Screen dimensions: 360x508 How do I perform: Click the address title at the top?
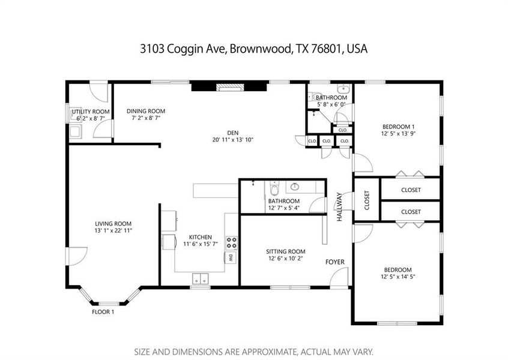[x=253, y=49]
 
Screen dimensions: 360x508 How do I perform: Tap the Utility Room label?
[x=91, y=112]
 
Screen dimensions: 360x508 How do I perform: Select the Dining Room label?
[x=145, y=111]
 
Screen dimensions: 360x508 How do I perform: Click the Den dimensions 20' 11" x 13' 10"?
[x=232, y=139]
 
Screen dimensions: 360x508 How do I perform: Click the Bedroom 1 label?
[x=398, y=127]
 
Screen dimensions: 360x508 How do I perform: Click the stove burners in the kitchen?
[x=231, y=243]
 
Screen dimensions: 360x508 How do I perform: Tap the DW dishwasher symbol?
[x=230, y=258]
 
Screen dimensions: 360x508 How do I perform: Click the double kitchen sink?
[x=200, y=278]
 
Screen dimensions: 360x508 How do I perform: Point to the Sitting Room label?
[x=286, y=251]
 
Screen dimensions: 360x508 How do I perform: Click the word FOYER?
[x=334, y=262]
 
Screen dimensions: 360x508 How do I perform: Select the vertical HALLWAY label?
[x=339, y=207]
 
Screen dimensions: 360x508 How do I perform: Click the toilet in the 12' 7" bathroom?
[x=274, y=188]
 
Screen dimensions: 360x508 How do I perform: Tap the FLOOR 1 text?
[x=103, y=312]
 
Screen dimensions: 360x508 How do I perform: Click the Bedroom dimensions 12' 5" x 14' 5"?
[x=396, y=277]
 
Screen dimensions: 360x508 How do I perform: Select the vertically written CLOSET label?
[x=367, y=200]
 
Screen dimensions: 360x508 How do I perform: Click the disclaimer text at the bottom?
[x=253, y=351]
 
